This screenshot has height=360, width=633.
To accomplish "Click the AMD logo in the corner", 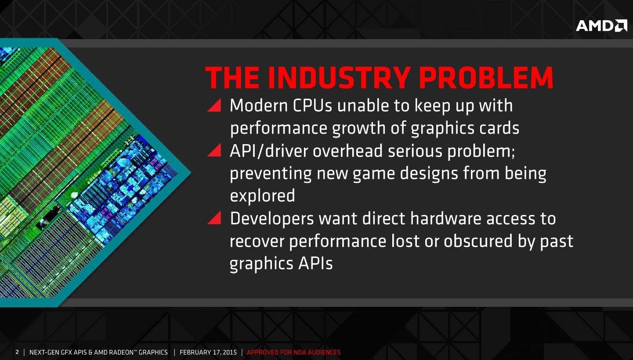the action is (601, 26).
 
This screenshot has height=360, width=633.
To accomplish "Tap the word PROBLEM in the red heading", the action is (486, 78).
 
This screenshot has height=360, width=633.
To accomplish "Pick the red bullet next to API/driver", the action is (214, 150).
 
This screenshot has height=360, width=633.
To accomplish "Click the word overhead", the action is (347, 150).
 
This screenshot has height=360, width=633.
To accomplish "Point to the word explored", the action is (263, 196).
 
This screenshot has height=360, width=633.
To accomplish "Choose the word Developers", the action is (272, 218).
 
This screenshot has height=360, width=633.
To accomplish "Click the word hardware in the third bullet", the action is (445, 218).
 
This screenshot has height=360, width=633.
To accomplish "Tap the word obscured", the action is (478, 241).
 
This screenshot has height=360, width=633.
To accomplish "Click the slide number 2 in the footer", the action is (17, 352).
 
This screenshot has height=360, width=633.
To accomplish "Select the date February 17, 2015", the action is (208, 353).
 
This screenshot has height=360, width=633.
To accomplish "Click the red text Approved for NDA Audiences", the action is (293, 353).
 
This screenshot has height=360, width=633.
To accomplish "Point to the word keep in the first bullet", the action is (432, 106).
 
